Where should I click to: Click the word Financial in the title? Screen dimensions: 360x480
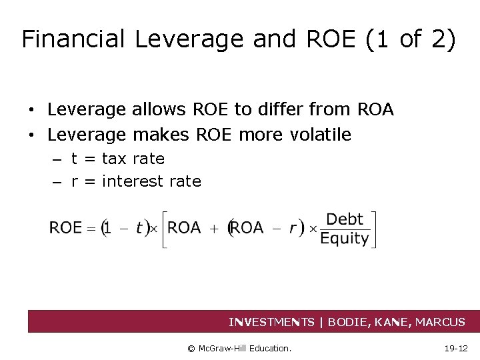pos(73,39)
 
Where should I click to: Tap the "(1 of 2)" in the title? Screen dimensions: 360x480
pos(411,39)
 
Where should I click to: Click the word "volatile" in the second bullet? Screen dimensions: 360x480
pos(321,135)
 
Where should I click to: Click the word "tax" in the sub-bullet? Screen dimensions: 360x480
pos(115,159)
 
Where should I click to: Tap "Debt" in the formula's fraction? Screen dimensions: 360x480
pos(345,219)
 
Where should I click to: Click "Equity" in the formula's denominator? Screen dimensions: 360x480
pos(345,239)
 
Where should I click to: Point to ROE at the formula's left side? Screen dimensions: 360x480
pos(65,228)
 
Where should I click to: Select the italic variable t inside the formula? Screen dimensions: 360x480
pos(139,228)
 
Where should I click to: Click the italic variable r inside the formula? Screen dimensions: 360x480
pos(293,228)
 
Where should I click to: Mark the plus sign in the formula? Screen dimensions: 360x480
pos(215,228)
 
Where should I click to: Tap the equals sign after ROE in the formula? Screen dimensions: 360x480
pos(91,228)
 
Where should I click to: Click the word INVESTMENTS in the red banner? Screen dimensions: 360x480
pos(271,323)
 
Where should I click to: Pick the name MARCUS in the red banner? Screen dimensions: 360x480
pos(440,323)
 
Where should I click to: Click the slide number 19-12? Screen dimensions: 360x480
pos(455,348)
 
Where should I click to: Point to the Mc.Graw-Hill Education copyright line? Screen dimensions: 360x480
pos(239,348)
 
